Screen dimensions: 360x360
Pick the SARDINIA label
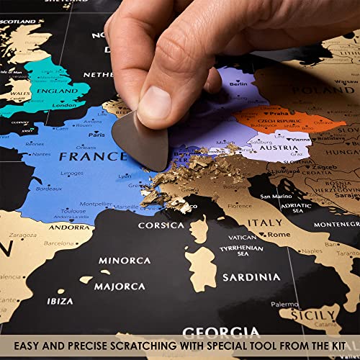[251, 277]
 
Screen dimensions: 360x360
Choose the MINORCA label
[124, 260]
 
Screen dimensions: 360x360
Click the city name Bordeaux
[48, 189]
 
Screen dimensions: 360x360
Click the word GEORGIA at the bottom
[220, 333]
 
